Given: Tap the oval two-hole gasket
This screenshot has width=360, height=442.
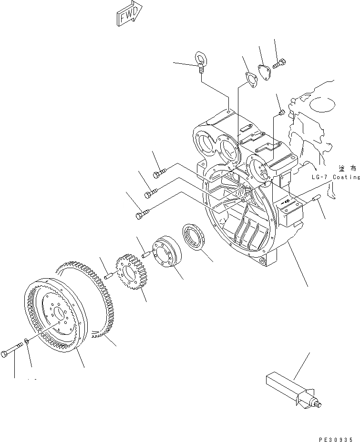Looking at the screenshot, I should click(249, 80).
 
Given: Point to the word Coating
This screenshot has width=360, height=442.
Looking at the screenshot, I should click(346, 177).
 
